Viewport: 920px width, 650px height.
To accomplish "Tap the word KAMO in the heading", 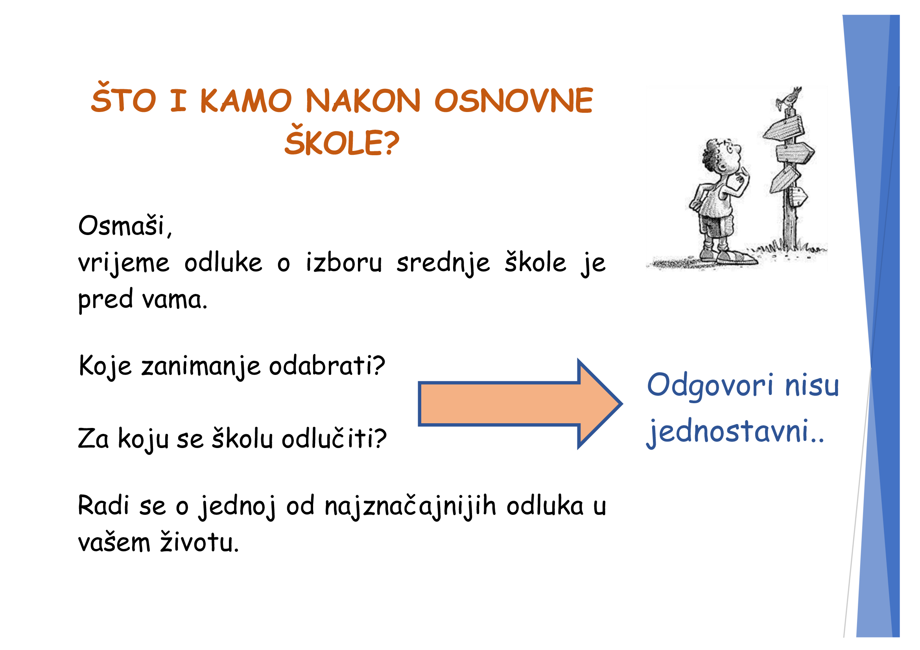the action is tap(245, 101).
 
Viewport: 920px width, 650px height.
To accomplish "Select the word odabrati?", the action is tap(327, 365).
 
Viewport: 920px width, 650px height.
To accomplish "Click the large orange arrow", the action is tap(520, 404).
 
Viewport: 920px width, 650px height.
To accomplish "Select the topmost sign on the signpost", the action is tap(784, 128).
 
